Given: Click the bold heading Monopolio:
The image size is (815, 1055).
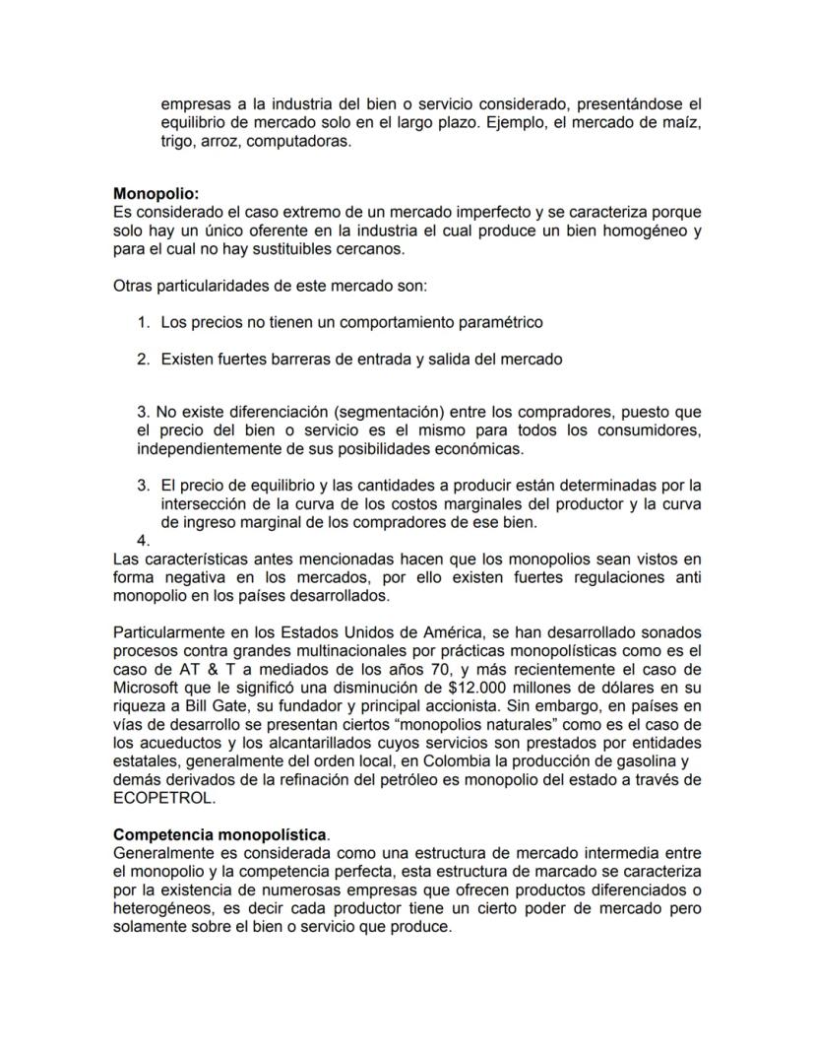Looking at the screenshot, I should click(x=156, y=194).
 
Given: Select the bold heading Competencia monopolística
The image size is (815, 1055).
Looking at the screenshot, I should click(x=220, y=834).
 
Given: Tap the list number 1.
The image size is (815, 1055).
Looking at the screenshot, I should click(x=143, y=322).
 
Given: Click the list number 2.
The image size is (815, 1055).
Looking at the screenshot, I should click(x=143, y=360).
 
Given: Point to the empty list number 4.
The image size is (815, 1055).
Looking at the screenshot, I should click(x=143, y=541).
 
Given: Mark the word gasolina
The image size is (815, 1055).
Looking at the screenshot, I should click(x=635, y=762).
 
